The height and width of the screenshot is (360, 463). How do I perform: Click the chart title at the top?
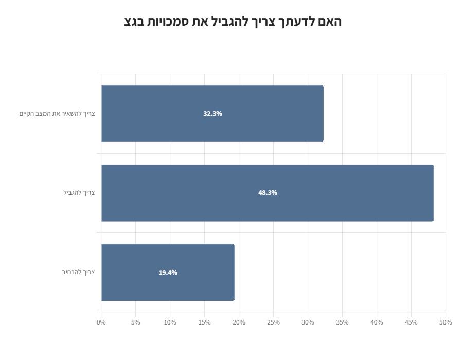point(233,22)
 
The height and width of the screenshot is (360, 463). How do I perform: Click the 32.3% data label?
point(212,114)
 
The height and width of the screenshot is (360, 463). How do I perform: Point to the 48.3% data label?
point(268,193)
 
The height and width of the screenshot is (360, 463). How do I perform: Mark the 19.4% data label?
point(168,273)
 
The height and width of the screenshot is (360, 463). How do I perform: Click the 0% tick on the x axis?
point(101,322)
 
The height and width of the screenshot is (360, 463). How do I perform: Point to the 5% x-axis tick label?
point(135,322)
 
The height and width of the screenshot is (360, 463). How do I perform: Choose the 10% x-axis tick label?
point(170,322)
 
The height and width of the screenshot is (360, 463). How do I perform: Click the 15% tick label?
point(204,322)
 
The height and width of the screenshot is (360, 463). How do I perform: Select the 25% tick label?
point(273,322)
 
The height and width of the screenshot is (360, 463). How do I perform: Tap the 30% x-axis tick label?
point(308,322)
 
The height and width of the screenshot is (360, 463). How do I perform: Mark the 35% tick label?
point(342,322)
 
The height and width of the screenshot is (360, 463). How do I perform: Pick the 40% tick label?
point(377,322)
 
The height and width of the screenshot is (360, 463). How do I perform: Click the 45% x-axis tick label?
point(411,322)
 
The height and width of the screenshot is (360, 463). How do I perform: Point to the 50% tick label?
point(446,322)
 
